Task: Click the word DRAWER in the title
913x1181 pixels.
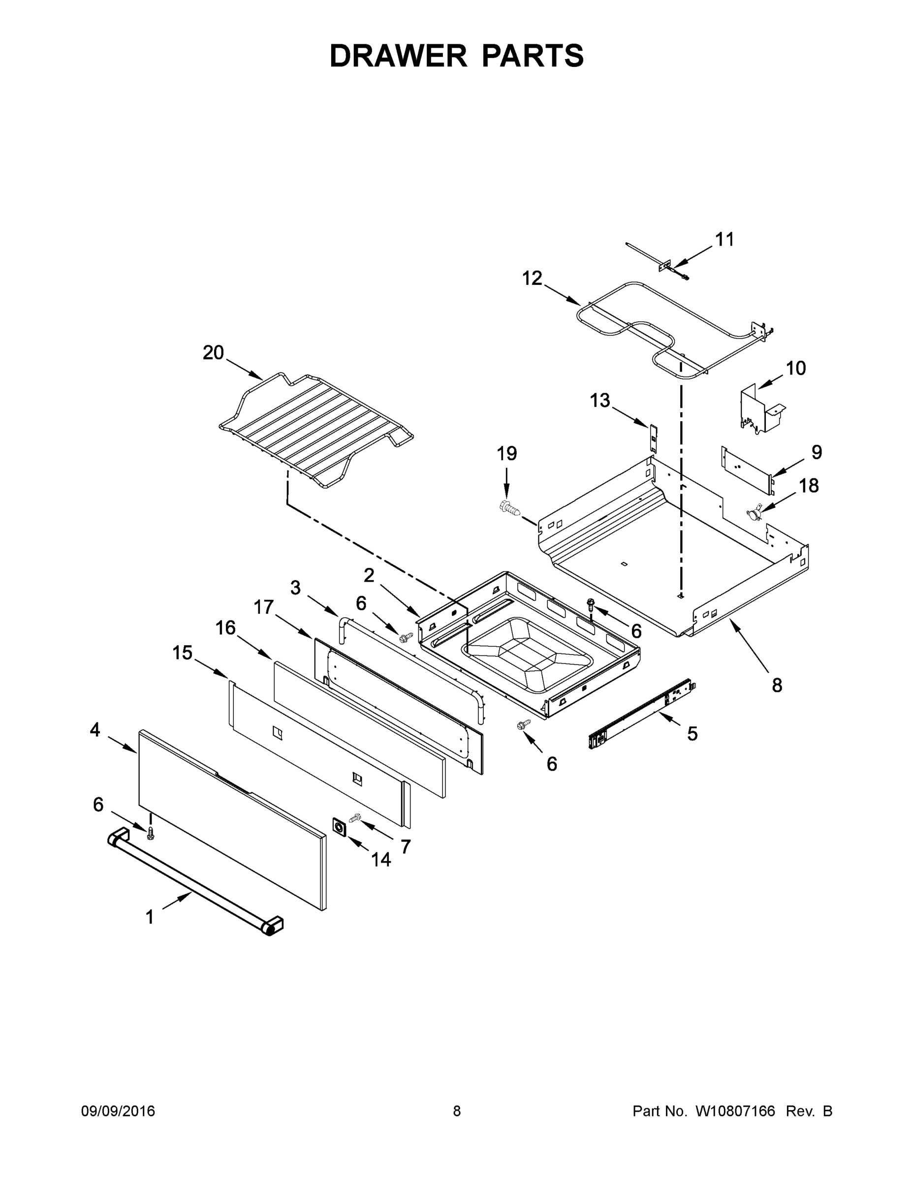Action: (398, 56)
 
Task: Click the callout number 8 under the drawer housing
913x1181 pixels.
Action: (777, 685)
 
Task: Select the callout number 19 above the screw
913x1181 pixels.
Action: (507, 453)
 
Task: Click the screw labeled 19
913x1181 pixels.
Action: (509, 507)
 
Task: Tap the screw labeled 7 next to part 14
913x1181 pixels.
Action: (355, 819)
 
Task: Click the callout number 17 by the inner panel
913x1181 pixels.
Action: (263, 607)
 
